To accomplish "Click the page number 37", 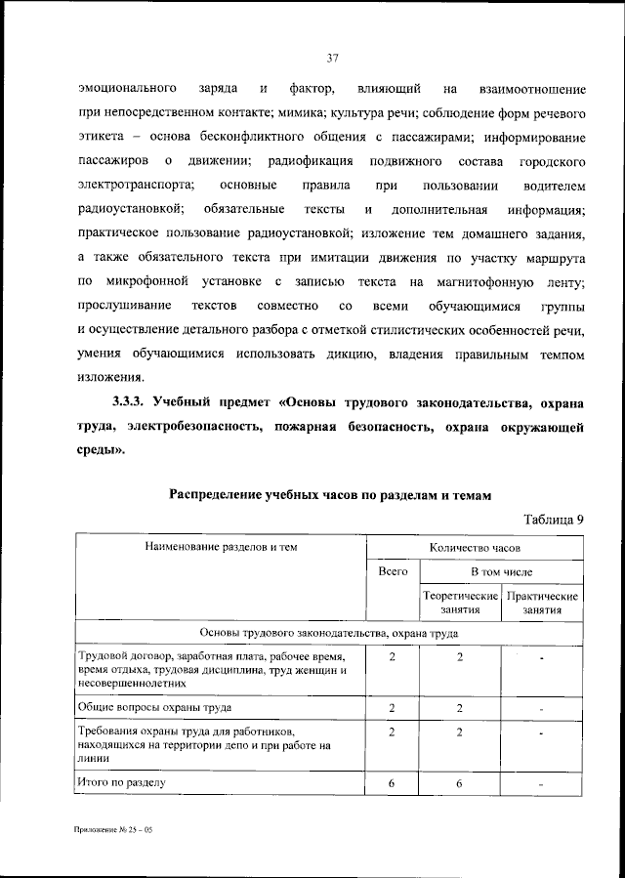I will (332, 59).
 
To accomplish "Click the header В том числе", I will (501, 570).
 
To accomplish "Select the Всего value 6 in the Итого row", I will (392, 783).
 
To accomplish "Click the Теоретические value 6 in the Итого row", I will (459, 783).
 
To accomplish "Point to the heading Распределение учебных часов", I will (329, 495).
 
